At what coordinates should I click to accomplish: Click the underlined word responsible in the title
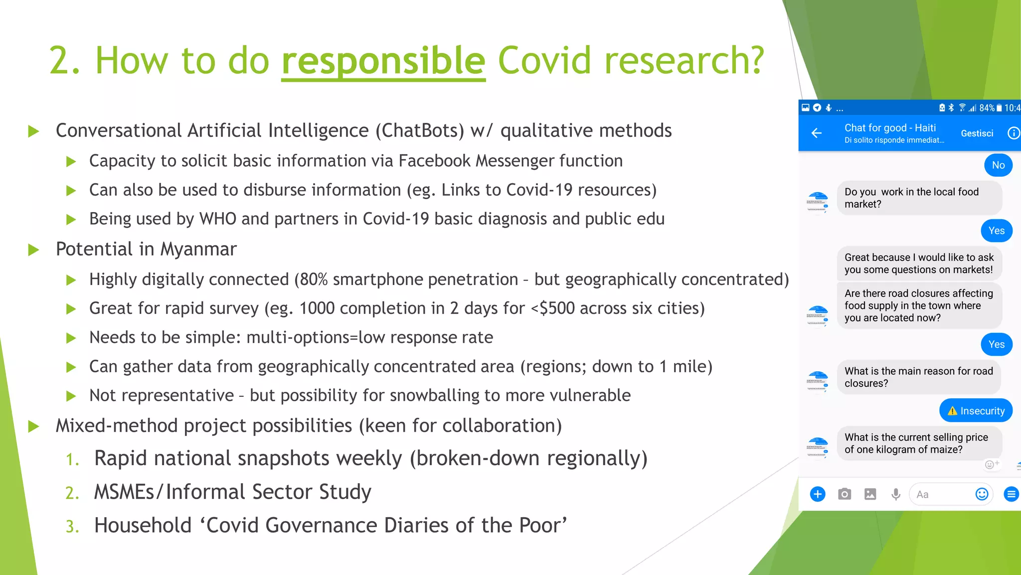point(383,61)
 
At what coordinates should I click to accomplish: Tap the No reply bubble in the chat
point(998,165)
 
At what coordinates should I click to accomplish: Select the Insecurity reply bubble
point(976,411)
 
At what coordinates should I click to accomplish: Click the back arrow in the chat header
point(817,133)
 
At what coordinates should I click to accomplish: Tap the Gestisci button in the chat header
point(977,133)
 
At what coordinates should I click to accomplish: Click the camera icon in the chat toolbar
point(844,494)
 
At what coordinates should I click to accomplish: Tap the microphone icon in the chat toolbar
point(896,494)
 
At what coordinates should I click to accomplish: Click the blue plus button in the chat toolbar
point(818,494)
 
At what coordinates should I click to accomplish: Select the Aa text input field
point(940,494)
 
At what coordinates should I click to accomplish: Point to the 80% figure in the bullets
point(314,280)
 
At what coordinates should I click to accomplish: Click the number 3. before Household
point(72,527)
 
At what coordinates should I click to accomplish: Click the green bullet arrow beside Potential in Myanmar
point(33,250)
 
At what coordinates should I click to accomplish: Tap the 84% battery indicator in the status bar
point(987,108)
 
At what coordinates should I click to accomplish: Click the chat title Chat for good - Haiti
point(890,128)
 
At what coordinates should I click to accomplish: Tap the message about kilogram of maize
point(916,443)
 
